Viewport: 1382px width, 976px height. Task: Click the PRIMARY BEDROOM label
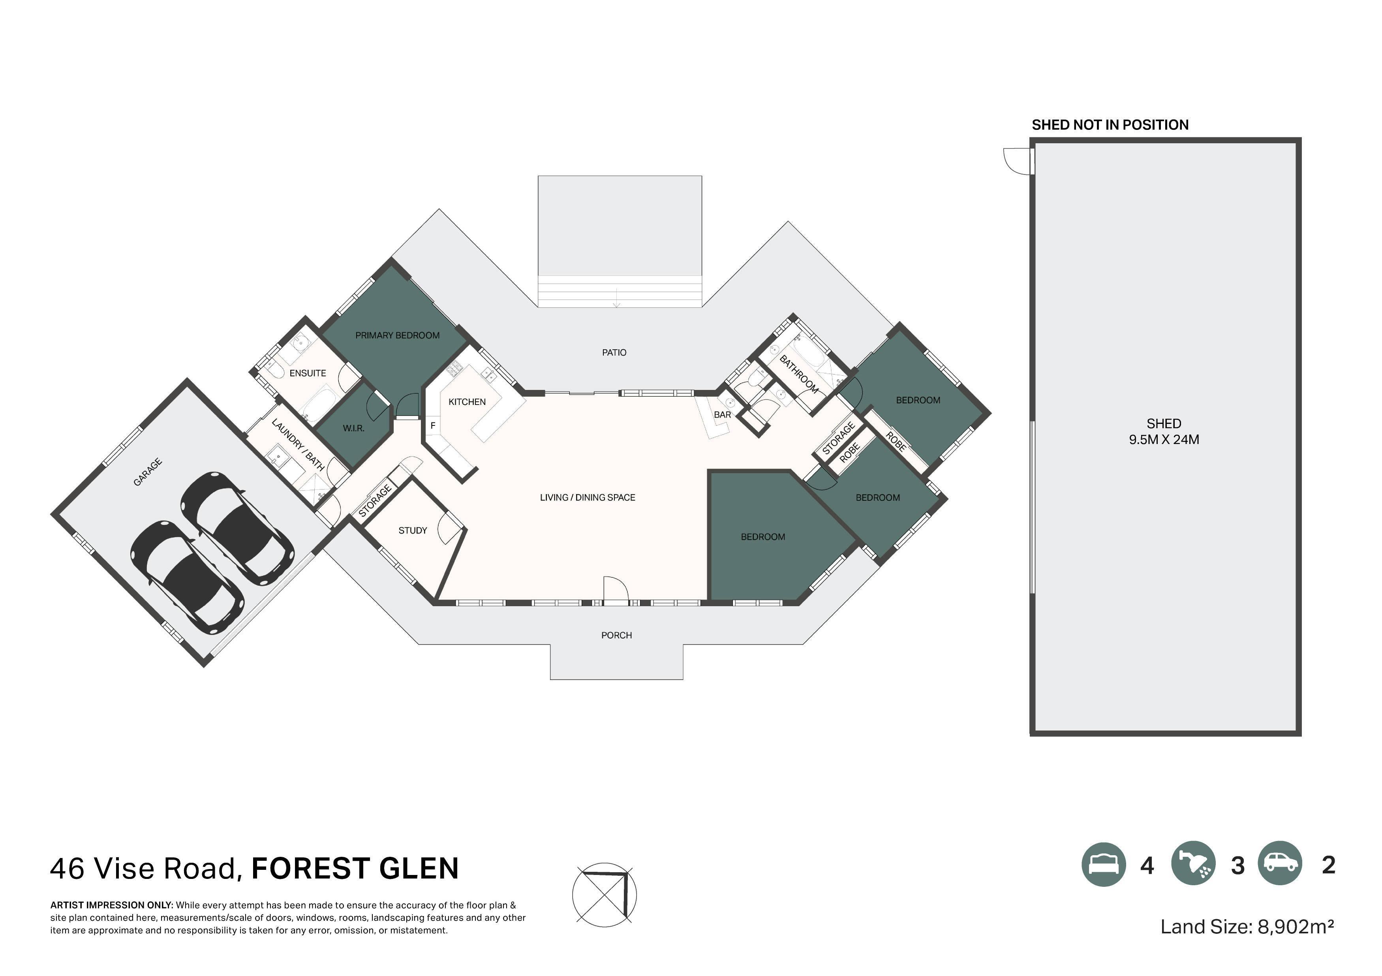pyautogui.click(x=397, y=335)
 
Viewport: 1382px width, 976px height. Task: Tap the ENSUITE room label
pyautogui.click(x=308, y=373)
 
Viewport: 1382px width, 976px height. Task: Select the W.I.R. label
pyautogui.click(x=353, y=429)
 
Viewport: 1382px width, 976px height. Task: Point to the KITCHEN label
pyautogui.click(x=467, y=402)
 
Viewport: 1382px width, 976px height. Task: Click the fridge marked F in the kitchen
pyautogui.click(x=433, y=426)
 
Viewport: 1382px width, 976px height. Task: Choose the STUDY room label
pyautogui.click(x=413, y=530)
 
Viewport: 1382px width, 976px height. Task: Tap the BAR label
pyautogui.click(x=722, y=414)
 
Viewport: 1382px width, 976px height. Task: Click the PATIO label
pyautogui.click(x=614, y=352)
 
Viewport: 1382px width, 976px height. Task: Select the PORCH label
pyautogui.click(x=616, y=635)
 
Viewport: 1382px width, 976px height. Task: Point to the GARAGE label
pyautogui.click(x=147, y=472)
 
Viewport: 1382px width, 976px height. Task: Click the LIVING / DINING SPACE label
pyautogui.click(x=588, y=498)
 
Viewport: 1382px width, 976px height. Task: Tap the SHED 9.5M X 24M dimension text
pyautogui.click(x=1164, y=431)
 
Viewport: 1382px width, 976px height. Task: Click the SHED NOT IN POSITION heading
pyautogui.click(x=1110, y=125)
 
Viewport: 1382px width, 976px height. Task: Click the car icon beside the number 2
pyautogui.click(x=1280, y=864)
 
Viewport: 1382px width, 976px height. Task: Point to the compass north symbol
pyautogui.click(x=604, y=894)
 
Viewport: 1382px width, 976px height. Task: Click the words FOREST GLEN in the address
pyautogui.click(x=355, y=868)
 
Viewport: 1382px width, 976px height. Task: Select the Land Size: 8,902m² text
pyautogui.click(x=1247, y=927)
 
